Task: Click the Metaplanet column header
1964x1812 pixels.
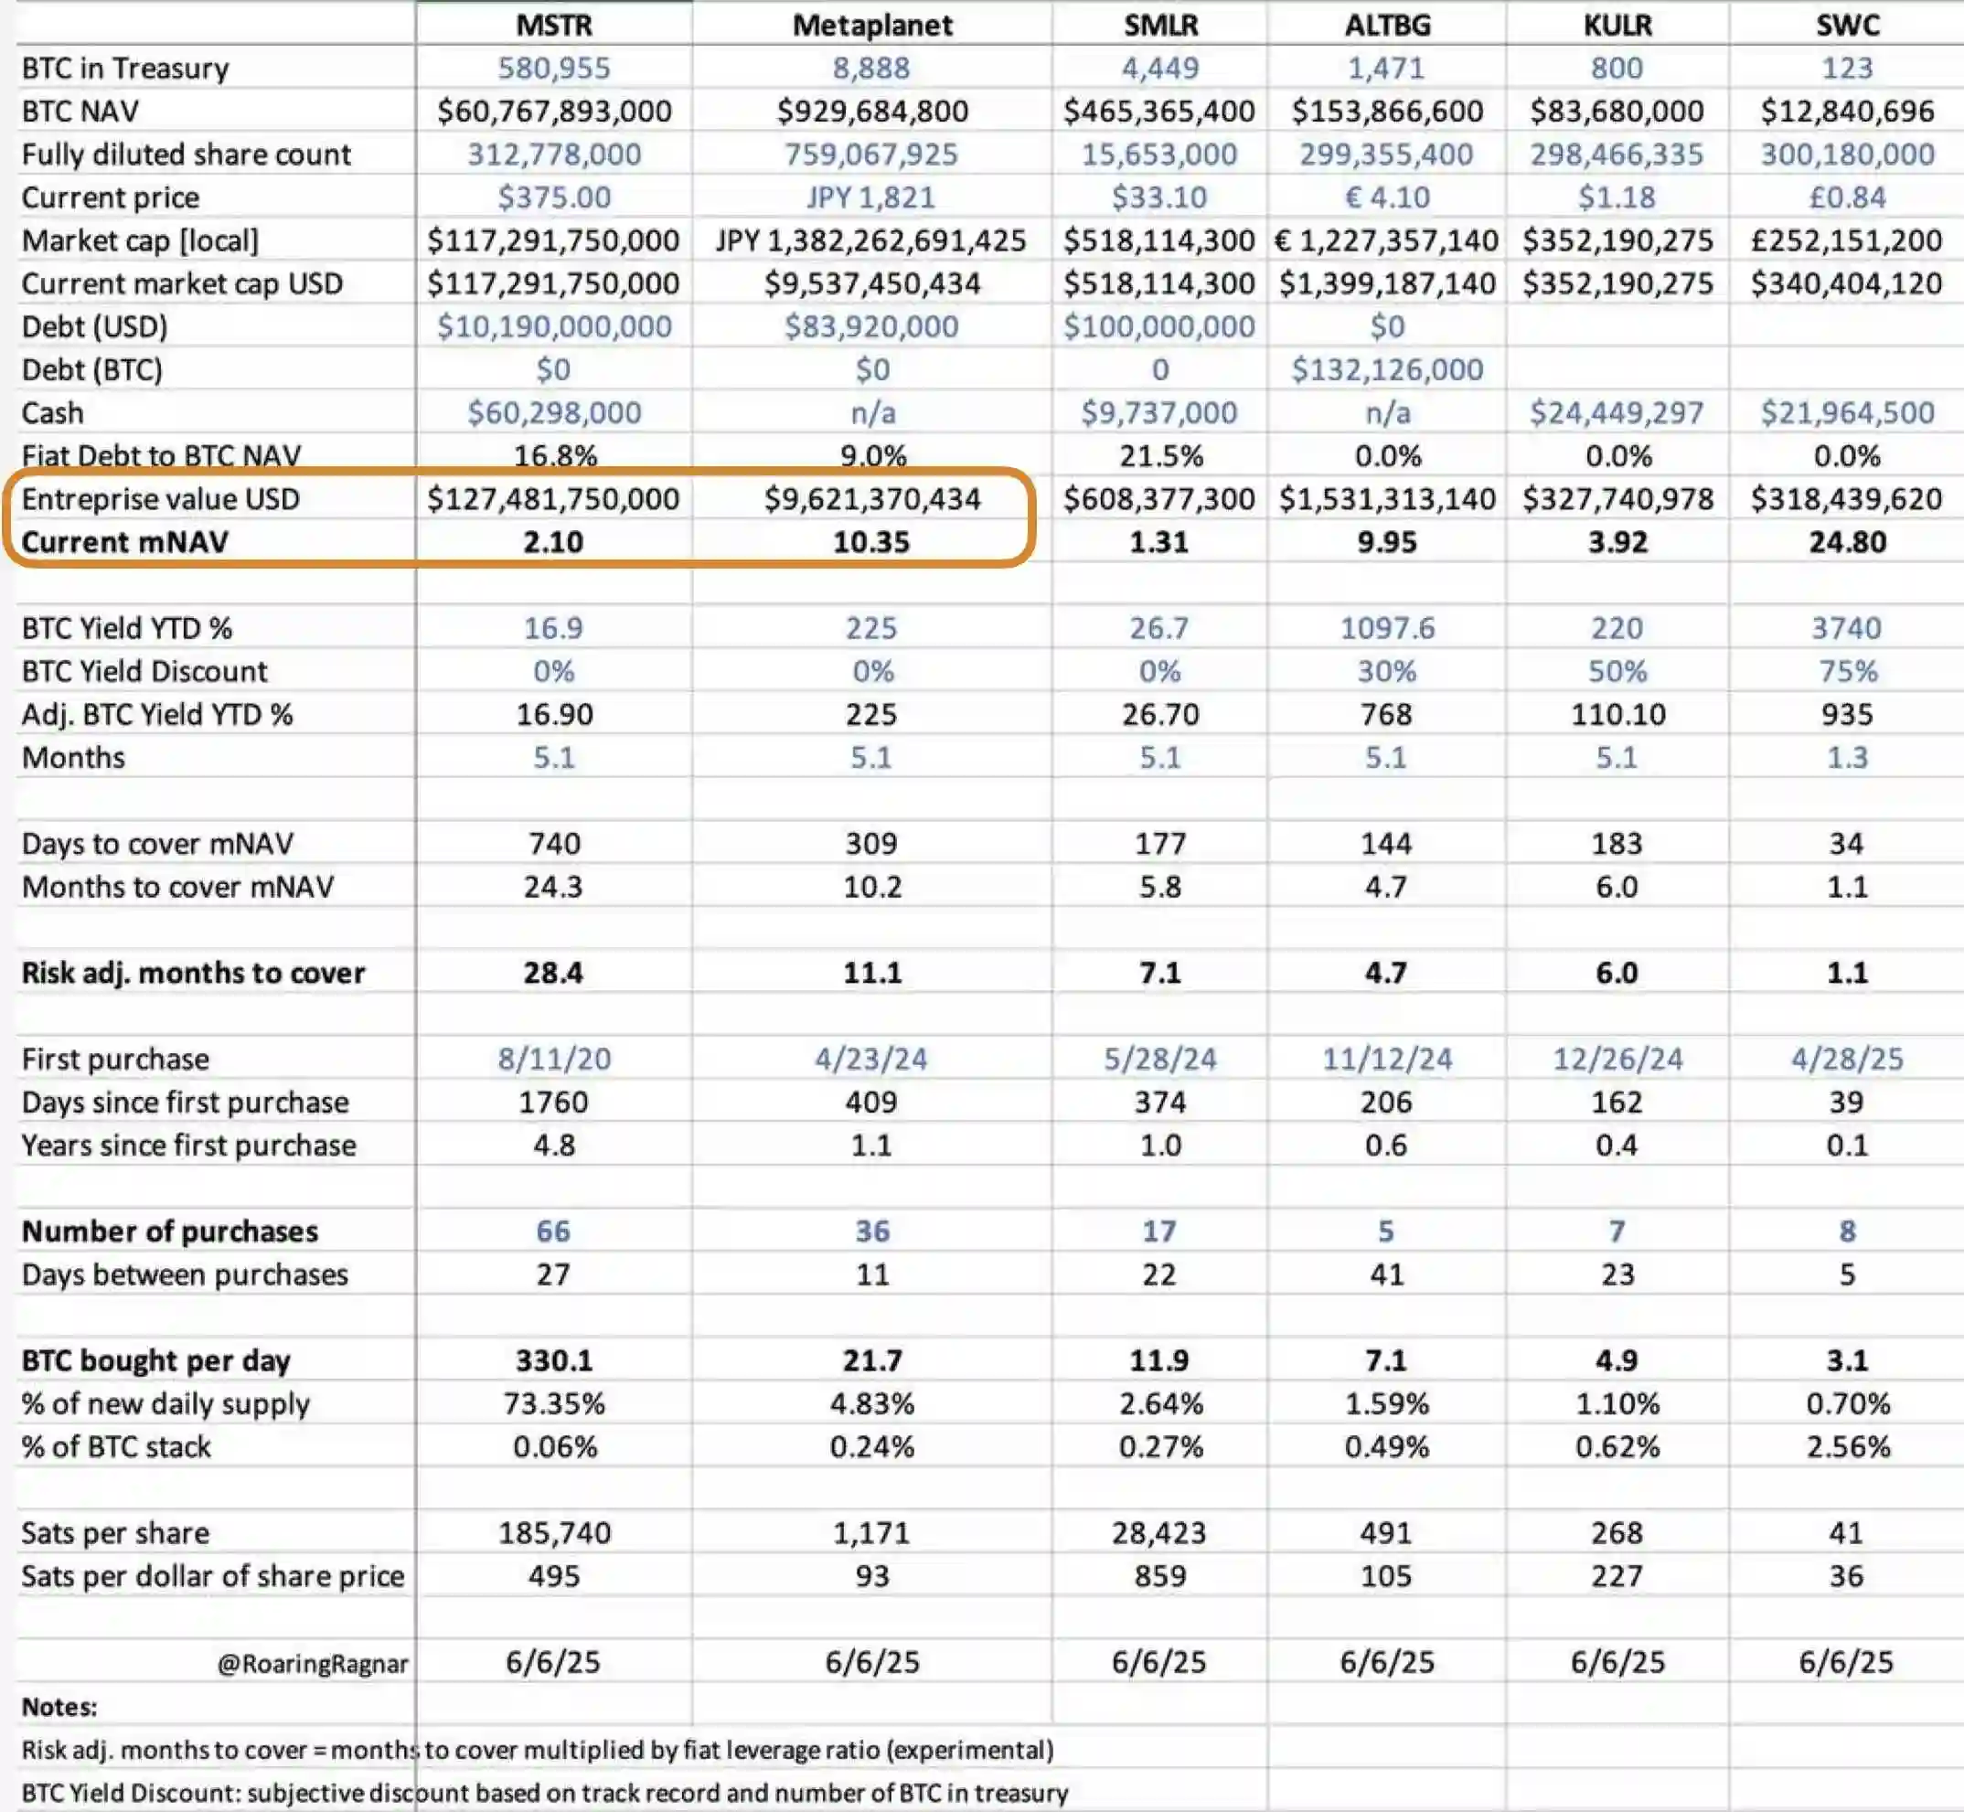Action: point(871,25)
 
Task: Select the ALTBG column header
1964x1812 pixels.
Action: point(1386,25)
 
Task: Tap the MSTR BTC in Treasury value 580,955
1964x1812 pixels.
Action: point(554,68)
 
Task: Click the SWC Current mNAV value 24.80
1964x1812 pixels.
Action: point(1847,542)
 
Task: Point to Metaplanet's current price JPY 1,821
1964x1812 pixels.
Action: point(870,197)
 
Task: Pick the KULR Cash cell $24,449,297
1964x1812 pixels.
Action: point(1617,413)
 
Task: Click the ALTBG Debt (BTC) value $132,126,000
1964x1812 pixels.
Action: point(1386,369)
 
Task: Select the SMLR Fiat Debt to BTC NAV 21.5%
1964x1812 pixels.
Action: point(1159,456)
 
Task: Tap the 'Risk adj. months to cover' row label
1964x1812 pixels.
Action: point(193,973)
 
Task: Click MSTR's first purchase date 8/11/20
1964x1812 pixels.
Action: point(554,1059)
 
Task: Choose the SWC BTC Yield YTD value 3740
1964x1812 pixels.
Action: point(1847,628)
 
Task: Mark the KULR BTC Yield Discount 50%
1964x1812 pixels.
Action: point(1617,672)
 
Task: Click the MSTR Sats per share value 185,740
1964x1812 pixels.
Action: point(554,1532)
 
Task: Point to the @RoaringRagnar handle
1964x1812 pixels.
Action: point(313,1663)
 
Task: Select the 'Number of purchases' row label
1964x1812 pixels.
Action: point(170,1231)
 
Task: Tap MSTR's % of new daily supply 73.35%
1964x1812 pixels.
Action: point(554,1404)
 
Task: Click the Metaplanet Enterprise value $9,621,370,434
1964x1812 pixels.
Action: point(871,499)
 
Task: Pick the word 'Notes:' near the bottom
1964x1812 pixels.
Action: point(59,1707)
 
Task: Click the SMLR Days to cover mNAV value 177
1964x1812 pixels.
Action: point(1159,843)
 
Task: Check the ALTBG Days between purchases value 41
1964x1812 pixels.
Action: point(1386,1274)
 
